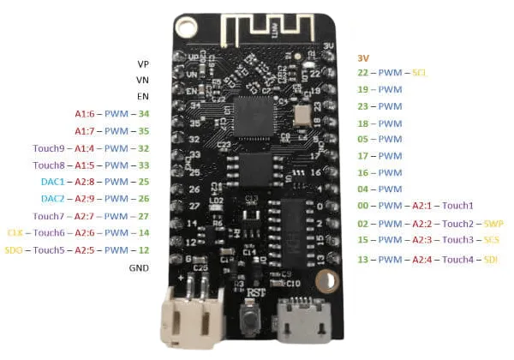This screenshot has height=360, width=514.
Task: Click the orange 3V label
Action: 364,57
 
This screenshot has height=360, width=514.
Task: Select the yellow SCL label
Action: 420,74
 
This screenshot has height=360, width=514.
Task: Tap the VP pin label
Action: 142,63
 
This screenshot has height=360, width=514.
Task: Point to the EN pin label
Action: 142,97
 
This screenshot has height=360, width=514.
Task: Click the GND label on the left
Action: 139,267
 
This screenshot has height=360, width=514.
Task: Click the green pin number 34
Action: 144,114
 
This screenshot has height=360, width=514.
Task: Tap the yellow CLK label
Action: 15,233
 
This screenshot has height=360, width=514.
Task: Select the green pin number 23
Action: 364,107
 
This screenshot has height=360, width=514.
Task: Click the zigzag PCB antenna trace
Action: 256,31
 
